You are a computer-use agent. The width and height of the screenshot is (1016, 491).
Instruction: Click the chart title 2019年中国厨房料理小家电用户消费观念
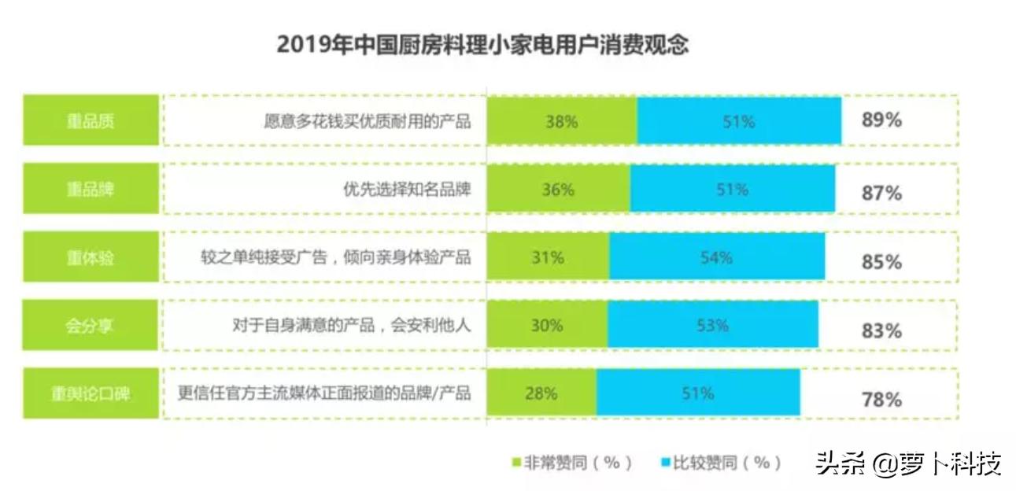click(482, 45)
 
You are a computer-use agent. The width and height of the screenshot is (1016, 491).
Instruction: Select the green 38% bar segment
click(561, 121)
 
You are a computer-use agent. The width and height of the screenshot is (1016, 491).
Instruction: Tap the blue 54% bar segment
click(716, 257)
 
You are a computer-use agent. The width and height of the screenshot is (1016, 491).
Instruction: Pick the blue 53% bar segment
click(712, 326)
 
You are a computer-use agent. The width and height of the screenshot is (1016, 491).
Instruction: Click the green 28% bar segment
click(541, 393)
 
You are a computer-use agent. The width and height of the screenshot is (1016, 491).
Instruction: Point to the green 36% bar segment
click(558, 190)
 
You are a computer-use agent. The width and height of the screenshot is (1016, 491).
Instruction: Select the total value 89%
click(881, 121)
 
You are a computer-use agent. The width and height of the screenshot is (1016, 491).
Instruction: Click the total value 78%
click(881, 399)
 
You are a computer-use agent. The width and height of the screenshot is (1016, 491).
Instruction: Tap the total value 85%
click(881, 262)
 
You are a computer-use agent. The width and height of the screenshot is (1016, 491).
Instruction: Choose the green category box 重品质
click(91, 121)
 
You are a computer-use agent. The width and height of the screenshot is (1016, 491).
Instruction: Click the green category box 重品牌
click(91, 190)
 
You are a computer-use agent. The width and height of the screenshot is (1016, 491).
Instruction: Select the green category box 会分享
click(91, 326)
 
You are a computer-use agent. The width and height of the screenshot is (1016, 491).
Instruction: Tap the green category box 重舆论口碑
click(91, 393)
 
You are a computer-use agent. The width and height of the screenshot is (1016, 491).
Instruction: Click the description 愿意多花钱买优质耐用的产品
click(367, 121)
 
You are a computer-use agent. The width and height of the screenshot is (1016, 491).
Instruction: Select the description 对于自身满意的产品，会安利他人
click(351, 326)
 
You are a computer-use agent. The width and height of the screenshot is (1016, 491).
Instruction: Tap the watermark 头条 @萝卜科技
click(907, 463)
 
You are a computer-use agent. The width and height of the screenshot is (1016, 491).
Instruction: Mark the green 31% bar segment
click(548, 257)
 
